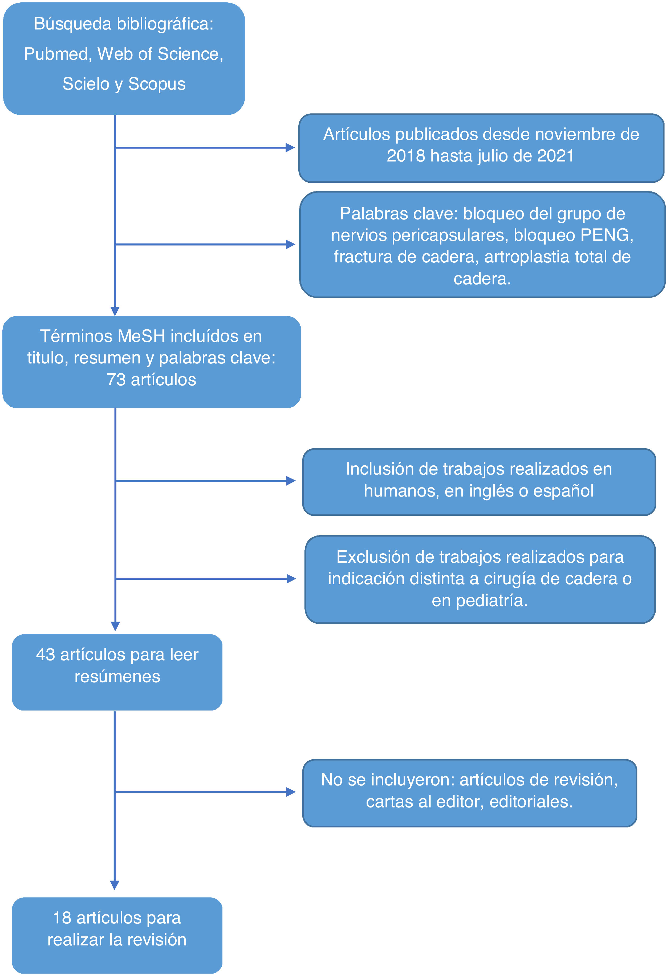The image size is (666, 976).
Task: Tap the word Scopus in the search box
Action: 157,84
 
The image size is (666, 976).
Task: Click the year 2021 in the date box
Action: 556,156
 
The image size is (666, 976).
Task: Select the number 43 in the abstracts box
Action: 45,655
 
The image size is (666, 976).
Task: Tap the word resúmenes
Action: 117,677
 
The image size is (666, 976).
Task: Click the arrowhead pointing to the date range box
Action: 290,147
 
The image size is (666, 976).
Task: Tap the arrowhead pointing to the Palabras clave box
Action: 290,245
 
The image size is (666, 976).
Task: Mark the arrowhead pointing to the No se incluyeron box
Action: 291,792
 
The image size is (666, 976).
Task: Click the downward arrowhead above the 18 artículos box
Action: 115,885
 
